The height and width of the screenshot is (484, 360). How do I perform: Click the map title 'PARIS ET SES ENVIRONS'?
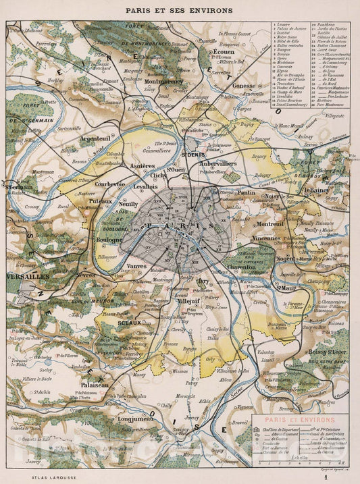[x=180, y=11]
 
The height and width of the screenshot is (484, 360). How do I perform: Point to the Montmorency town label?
[x=164, y=81]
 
